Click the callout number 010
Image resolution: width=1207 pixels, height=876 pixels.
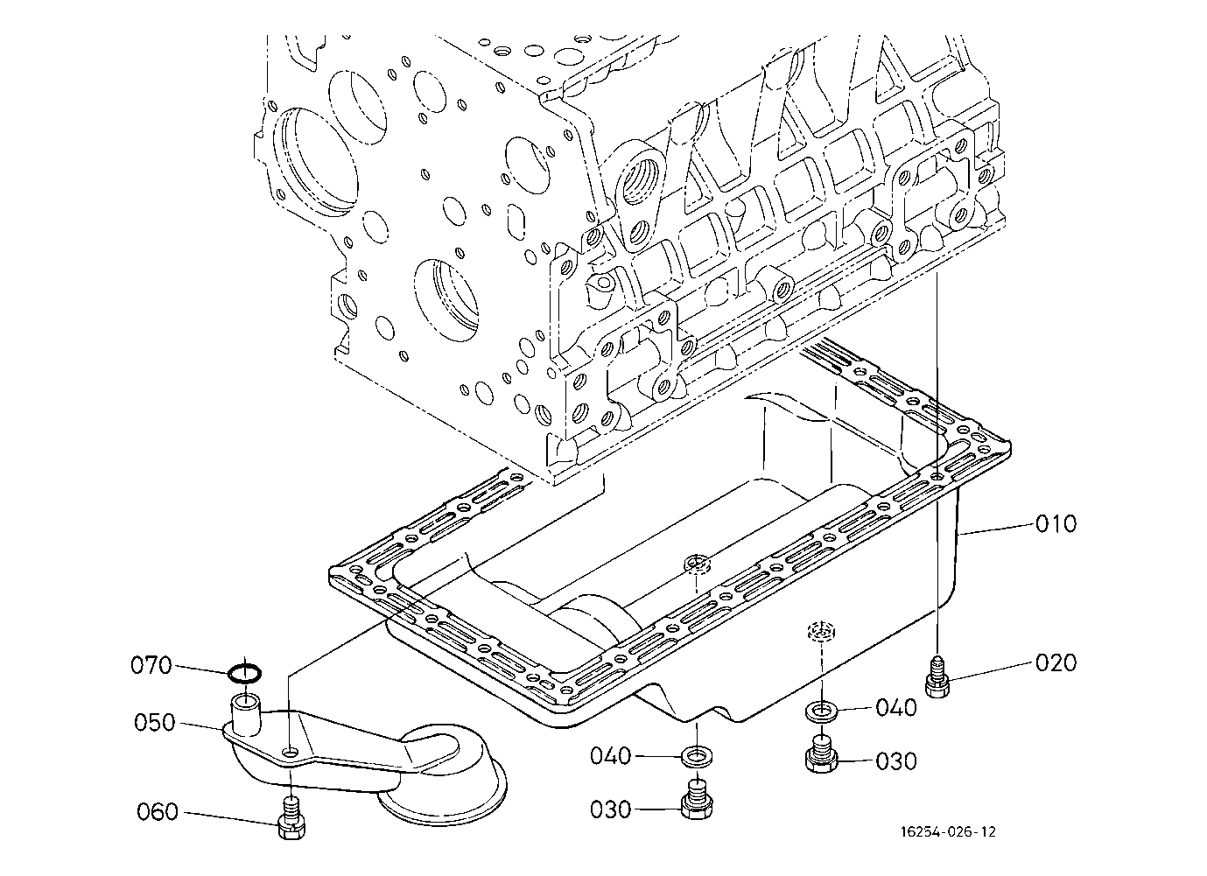(1056, 524)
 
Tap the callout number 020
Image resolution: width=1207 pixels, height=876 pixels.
(1056, 663)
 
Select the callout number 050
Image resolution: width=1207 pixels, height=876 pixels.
(155, 723)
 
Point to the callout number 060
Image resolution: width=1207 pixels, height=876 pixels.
(158, 812)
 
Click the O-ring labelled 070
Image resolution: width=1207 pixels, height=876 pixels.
(244, 673)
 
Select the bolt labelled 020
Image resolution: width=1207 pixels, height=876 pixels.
(937, 677)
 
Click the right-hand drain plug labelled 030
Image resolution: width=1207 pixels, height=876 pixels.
(821, 755)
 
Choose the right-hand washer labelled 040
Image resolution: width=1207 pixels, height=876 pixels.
(820, 710)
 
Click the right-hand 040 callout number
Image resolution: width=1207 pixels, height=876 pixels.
(896, 707)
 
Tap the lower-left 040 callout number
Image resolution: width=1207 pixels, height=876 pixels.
(610, 755)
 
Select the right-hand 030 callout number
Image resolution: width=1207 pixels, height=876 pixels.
(896, 761)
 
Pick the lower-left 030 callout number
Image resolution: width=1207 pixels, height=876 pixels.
(610, 809)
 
